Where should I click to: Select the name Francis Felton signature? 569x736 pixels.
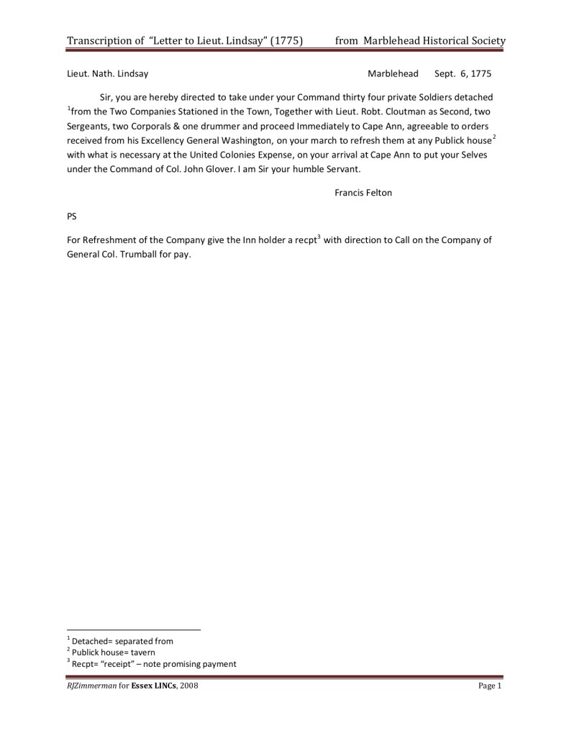[x=363, y=192]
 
